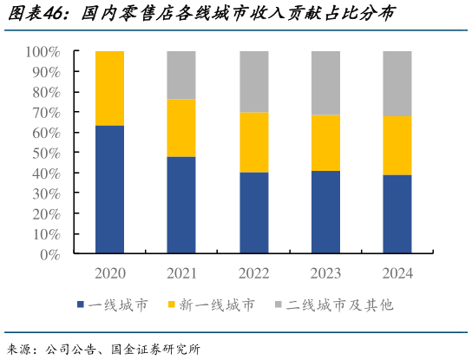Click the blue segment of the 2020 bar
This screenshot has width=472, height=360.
click(109, 189)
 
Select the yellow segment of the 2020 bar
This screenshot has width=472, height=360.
click(109, 88)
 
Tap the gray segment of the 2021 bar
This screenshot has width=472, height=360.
click(180, 75)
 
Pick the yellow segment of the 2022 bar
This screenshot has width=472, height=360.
click(253, 142)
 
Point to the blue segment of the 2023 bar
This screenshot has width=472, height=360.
click(325, 212)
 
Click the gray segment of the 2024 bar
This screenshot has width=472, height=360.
click(397, 83)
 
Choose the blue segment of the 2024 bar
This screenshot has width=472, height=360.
click(397, 214)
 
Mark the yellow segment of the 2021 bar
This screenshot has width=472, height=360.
click(180, 128)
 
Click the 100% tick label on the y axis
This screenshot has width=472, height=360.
click(43, 52)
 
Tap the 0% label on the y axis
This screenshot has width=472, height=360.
click(49, 255)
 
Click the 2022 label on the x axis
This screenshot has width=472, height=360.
click(253, 273)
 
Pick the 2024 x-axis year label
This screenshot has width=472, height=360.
click(397, 273)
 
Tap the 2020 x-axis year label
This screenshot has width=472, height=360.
click(109, 273)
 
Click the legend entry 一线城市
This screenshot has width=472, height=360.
click(117, 305)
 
